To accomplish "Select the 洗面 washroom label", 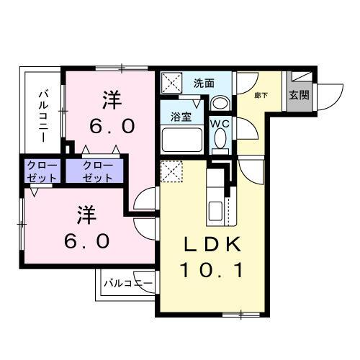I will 204,84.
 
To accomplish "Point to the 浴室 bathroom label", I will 180,116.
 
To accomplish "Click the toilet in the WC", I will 219,141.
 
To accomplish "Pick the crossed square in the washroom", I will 172,83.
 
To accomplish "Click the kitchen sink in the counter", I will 215,212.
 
